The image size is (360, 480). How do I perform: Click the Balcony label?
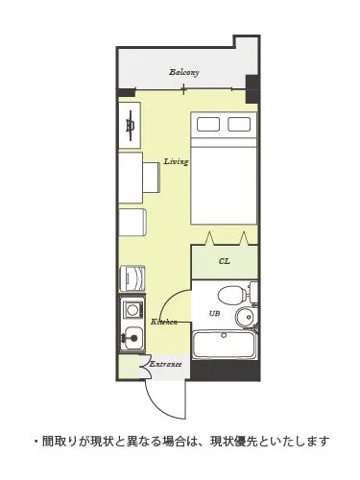tap(184, 72)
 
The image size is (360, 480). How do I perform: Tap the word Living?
tap(176, 161)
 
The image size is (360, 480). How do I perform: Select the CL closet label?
tap(225, 261)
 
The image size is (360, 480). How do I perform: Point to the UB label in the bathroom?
tap(214, 314)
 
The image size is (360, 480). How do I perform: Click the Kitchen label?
tap(164, 322)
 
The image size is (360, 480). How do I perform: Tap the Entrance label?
tap(166, 364)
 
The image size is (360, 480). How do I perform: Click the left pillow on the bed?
tap(208, 124)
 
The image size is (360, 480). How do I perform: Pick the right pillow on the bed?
tap(239, 124)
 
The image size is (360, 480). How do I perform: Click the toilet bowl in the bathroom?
tap(232, 295)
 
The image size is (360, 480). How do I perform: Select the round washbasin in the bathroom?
tap(246, 317)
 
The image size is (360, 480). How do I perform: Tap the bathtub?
tap(224, 345)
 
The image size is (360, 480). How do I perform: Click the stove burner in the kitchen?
tap(132, 310)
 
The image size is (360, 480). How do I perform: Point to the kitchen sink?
tap(132, 339)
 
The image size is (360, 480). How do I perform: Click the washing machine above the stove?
tap(132, 278)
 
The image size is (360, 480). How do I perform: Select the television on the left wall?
tap(130, 125)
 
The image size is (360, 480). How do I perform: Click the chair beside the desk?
tap(151, 178)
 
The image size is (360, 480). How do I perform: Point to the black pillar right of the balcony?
tap(252, 89)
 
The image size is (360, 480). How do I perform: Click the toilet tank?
tap(253, 292)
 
